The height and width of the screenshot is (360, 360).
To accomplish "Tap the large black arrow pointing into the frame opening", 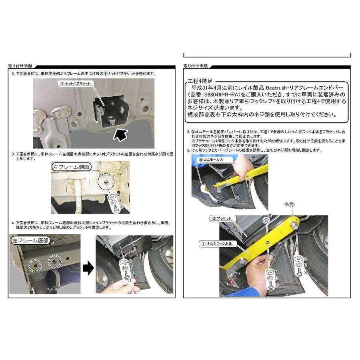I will [121, 135].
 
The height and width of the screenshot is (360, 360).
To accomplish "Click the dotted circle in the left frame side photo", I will [106, 183].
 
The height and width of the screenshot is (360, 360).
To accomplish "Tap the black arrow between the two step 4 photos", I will [87, 269].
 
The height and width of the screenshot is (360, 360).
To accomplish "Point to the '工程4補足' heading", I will [199, 80].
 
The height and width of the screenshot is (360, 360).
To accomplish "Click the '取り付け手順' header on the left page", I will [20, 66].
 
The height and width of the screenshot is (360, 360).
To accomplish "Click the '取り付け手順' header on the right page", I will [195, 66].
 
